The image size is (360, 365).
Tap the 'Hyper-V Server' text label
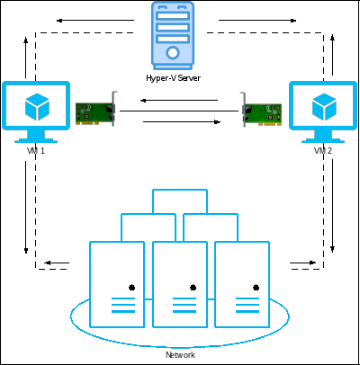pyautogui.click(x=173, y=78)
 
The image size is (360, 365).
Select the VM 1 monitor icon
pyautogui.click(x=36, y=111)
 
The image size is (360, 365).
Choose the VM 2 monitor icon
pyautogui.click(x=323, y=111)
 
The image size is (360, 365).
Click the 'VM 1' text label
pyautogui.click(x=36, y=151)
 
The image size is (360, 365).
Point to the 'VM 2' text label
pyautogui.click(x=323, y=151)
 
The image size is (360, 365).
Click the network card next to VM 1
pyautogui.click(x=96, y=109)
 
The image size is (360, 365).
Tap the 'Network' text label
pyautogui.click(x=180, y=355)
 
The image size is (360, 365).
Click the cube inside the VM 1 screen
pyautogui.click(x=37, y=107)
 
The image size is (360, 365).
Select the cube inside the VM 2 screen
pyautogui.click(x=324, y=107)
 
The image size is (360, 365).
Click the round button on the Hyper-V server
pyautogui.click(x=173, y=53)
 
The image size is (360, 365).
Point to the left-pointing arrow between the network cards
pyautogui.click(x=179, y=100)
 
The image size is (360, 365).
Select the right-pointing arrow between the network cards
pyautogui.click(x=182, y=122)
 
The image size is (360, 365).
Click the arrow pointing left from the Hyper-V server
pyautogui.click(x=95, y=21)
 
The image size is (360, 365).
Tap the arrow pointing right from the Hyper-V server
pyautogui.click(x=257, y=21)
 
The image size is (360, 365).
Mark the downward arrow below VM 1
pyautogui.click(x=26, y=208)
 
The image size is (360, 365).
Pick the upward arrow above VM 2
pyautogui.click(x=332, y=55)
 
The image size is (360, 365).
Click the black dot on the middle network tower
pyautogui.click(x=193, y=288)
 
